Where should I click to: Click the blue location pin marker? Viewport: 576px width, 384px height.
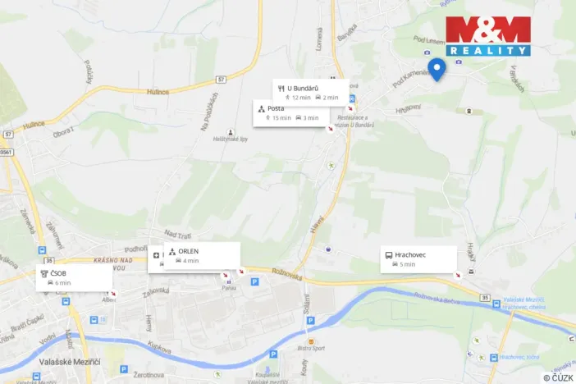(437, 69)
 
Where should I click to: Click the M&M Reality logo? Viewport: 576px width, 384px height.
(488, 36)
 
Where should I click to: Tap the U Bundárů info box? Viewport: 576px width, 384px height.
(311, 92)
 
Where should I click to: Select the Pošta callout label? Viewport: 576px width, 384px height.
(290, 113)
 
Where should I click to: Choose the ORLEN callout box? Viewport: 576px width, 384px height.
(201, 255)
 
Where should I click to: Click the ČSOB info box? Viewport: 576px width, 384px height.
(74, 277)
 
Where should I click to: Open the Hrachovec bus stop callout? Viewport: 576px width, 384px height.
(418, 259)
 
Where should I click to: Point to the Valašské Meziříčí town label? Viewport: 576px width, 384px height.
(74, 361)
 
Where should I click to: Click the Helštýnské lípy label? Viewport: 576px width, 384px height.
(231, 139)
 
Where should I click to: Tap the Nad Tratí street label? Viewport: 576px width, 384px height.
(176, 234)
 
